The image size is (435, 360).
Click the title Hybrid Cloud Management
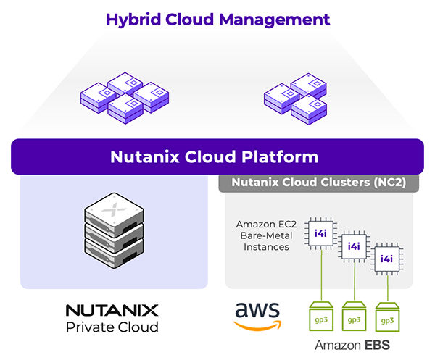217,19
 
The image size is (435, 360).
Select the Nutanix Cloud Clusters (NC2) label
318,183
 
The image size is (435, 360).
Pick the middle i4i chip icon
354,246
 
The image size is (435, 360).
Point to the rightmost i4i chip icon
387,259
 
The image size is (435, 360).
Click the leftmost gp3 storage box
320,317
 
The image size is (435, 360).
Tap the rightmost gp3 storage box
387,317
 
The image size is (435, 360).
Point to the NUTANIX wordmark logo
112,310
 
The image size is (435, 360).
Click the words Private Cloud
112,327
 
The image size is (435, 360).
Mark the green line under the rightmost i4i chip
387,286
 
